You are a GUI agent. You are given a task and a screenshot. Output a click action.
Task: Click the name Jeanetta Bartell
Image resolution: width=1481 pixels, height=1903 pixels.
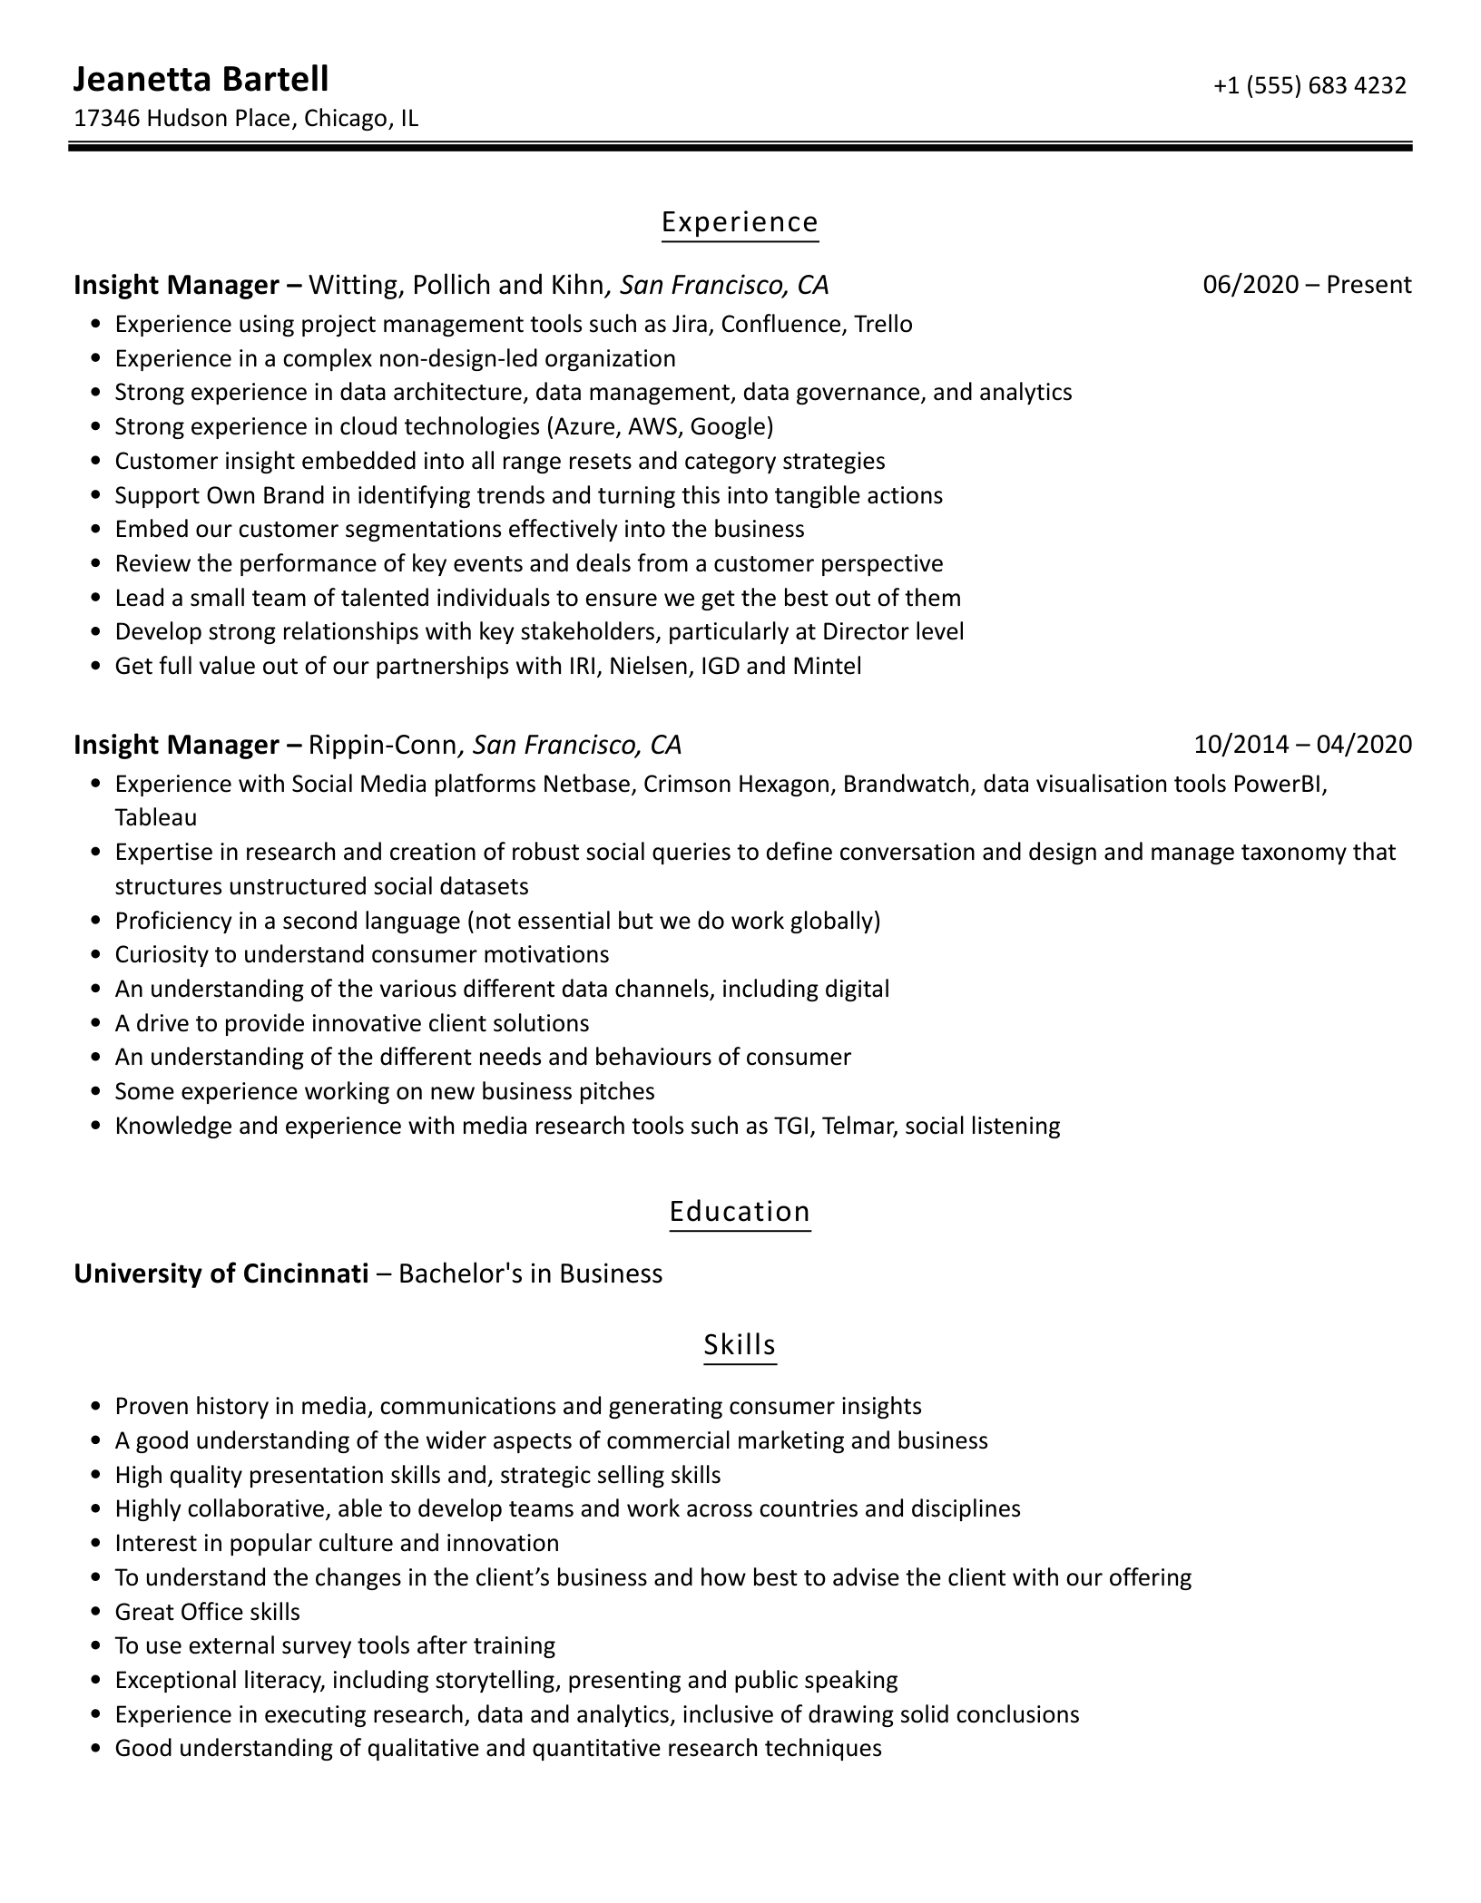(201, 80)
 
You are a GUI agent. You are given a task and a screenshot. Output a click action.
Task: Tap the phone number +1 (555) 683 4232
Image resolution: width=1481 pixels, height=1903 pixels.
(1309, 85)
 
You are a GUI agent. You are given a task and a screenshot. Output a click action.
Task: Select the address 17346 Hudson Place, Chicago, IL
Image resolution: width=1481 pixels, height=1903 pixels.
(246, 119)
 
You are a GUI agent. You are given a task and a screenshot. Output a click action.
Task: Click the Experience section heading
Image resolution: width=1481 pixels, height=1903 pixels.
(740, 222)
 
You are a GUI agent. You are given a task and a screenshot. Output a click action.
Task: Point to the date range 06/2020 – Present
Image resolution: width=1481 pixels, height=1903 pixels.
(1307, 285)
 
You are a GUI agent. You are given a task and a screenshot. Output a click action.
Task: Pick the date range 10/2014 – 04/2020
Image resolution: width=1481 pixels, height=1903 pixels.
(1302, 745)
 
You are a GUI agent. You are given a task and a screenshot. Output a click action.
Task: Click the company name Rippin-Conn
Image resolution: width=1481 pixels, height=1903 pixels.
(383, 745)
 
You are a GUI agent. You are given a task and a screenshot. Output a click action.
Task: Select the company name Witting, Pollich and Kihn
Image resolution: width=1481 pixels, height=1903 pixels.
(456, 285)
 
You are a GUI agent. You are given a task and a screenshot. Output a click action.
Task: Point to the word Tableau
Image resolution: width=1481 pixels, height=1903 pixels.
(155, 817)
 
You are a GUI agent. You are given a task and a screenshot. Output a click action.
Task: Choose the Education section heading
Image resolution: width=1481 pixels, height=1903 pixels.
(740, 1212)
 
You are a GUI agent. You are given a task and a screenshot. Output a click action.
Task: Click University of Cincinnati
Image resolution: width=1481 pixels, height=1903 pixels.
(221, 1274)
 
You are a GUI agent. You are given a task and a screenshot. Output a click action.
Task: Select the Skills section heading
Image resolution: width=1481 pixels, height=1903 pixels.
(740, 1344)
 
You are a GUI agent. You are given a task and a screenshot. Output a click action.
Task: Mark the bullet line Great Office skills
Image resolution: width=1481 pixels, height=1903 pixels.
(207, 1612)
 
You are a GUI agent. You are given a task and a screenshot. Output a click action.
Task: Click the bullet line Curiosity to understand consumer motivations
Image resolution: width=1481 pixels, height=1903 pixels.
(361, 954)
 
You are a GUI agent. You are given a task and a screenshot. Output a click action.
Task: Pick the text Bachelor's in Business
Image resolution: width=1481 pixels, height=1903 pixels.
(531, 1274)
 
